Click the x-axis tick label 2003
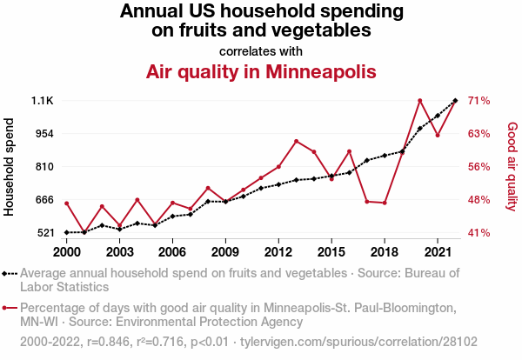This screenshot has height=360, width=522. (119, 251)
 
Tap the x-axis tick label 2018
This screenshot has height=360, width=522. (384, 251)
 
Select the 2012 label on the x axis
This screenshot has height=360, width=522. (278, 251)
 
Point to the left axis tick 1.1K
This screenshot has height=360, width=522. (43, 101)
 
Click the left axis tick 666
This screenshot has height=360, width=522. (43, 200)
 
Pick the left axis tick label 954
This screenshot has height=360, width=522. (43, 134)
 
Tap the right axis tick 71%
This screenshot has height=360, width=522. (480, 101)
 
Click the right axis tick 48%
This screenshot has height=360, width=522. (480, 200)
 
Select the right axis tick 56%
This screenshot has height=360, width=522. (480, 167)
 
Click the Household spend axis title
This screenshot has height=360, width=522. (10, 166)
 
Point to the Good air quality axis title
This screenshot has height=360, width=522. (512, 166)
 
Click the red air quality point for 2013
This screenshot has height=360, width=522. (296, 141)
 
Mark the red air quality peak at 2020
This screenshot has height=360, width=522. (419, 100)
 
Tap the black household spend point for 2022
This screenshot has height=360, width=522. (455, 101)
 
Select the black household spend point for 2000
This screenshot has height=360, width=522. (67, 232)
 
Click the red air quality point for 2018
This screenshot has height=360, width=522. (385, 203)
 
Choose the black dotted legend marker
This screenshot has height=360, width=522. (10, 273)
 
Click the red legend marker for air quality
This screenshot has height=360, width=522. (10, 308)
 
